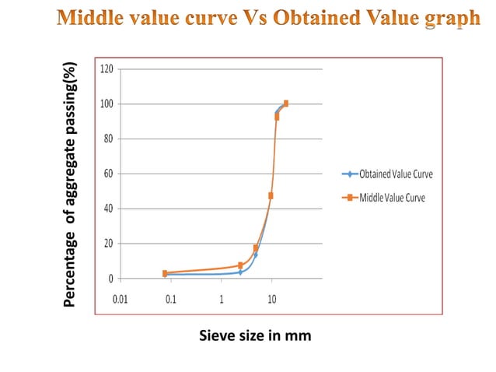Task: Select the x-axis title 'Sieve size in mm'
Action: coord(255,335)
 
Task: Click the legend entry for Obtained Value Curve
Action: coord(389,174)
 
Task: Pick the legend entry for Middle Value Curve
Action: coord(386,198)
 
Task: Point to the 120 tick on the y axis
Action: coord(107,69)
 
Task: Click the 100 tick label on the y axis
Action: coord(107,104)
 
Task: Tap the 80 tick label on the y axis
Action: coord(108,139)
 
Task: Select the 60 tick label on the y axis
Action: coord(108,174)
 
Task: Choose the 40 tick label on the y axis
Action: coord(108,209)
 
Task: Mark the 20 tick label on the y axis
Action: coord(108,244)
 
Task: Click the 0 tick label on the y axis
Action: coord(110,279)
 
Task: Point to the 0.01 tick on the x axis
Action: coord(121,300)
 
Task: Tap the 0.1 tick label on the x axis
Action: coord(170,300)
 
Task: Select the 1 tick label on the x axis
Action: coord(222,300)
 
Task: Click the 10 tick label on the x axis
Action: coord(271,300)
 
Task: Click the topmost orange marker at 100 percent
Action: coord(286,104)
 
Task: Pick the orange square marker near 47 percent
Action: coord(271,195)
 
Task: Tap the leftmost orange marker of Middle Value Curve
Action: coord(165,273)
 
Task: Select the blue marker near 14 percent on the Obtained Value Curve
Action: coord(255,254)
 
